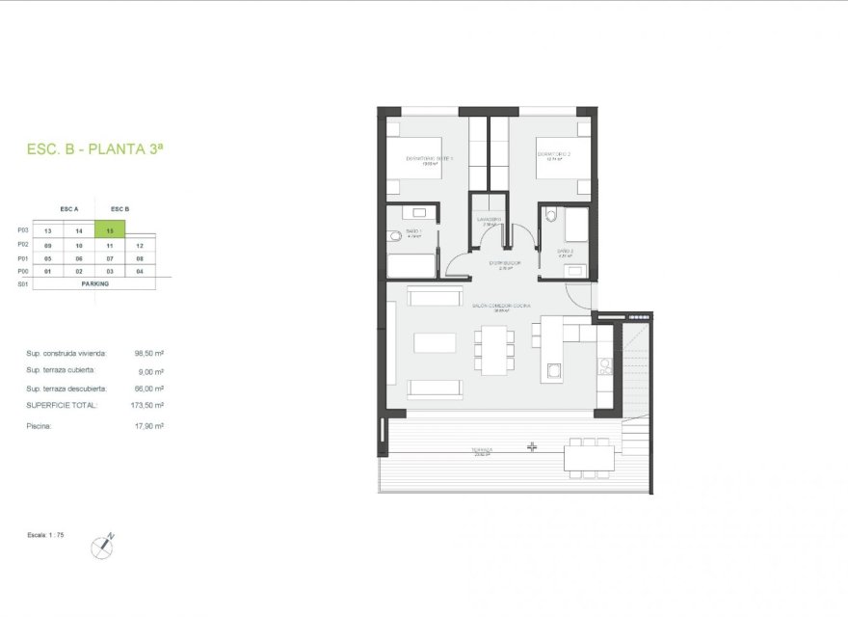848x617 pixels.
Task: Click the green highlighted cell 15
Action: coord(111,231)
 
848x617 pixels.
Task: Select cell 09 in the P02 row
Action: coord(48,246)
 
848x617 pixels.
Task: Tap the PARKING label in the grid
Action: coord(94,284)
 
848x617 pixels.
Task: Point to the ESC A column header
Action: coord(69,209)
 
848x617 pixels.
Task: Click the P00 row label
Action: coord(23,272)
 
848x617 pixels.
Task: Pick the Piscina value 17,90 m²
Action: coord(148,425)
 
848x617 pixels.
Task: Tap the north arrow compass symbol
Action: coord(102,547)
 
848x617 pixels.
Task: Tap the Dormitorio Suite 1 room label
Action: coord(430,159)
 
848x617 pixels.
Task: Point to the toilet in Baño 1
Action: coord(394,236)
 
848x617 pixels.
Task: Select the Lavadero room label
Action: coord(490,220)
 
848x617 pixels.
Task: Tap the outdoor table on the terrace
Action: coord(589,456)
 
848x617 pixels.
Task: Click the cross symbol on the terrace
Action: coord(532,447)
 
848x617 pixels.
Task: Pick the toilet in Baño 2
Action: coord(549,216)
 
